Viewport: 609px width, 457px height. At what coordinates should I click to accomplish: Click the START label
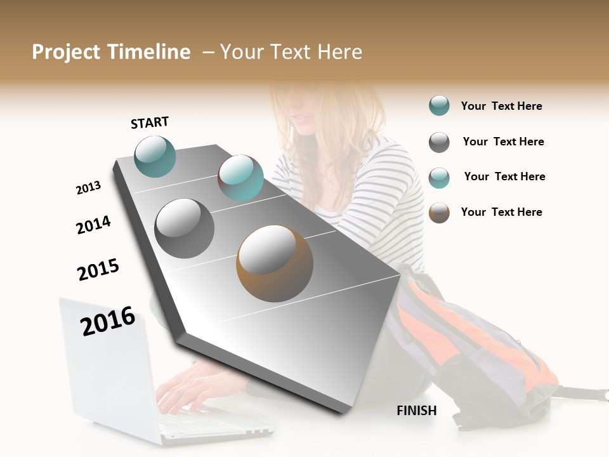[150, 123]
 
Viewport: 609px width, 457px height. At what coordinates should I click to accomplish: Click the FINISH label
[417, 411]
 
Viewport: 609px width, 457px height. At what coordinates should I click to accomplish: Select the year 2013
[88, 188]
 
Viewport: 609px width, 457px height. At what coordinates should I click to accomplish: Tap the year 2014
[93, 225]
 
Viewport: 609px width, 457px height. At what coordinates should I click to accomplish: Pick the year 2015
[98, 270]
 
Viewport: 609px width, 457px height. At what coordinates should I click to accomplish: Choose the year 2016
[108, 321]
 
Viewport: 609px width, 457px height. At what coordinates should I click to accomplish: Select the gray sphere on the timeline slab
[184, 228]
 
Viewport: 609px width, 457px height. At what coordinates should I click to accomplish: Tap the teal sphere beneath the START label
[155, 156]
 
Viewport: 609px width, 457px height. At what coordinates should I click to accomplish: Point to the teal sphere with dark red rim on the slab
[240, 178]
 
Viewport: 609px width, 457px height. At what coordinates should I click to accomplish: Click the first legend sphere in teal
[439, 106]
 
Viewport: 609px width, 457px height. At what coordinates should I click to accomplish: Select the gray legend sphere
[439, 142]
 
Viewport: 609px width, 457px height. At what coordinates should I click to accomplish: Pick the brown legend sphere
[439, 213]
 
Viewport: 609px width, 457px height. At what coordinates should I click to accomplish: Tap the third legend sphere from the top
[439, 177]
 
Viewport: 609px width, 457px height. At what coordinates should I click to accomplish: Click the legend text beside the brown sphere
[501, 212]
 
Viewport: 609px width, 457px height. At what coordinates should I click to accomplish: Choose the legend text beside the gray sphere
[503, 142]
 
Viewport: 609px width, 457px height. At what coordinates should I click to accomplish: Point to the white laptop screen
[105, 355]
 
